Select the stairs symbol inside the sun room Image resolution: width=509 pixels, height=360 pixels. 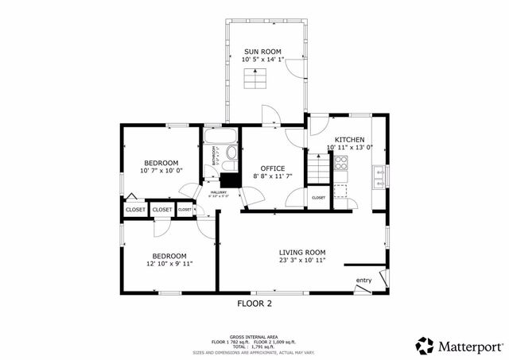tap(254, 80)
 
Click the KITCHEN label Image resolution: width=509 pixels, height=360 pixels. tap(349, 139)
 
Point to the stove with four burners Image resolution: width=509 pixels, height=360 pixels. tap(340, 164)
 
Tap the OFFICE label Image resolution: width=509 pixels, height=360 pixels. tap(273, 167)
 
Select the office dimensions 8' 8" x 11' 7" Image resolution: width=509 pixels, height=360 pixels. tap(273, 176)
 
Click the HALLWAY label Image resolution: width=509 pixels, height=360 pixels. tap(218, 192)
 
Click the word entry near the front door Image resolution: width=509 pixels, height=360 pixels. tap(363, 280)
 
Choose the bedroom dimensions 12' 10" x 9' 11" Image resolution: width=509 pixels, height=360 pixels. tap(170, 264)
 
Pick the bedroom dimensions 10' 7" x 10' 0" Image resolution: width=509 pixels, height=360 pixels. tap(161, 170)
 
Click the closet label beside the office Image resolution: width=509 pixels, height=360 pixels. tap(318, 198)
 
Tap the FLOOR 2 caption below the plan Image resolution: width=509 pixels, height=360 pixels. tap(254, 304)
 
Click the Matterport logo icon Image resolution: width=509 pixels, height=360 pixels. tap(425, 345)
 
